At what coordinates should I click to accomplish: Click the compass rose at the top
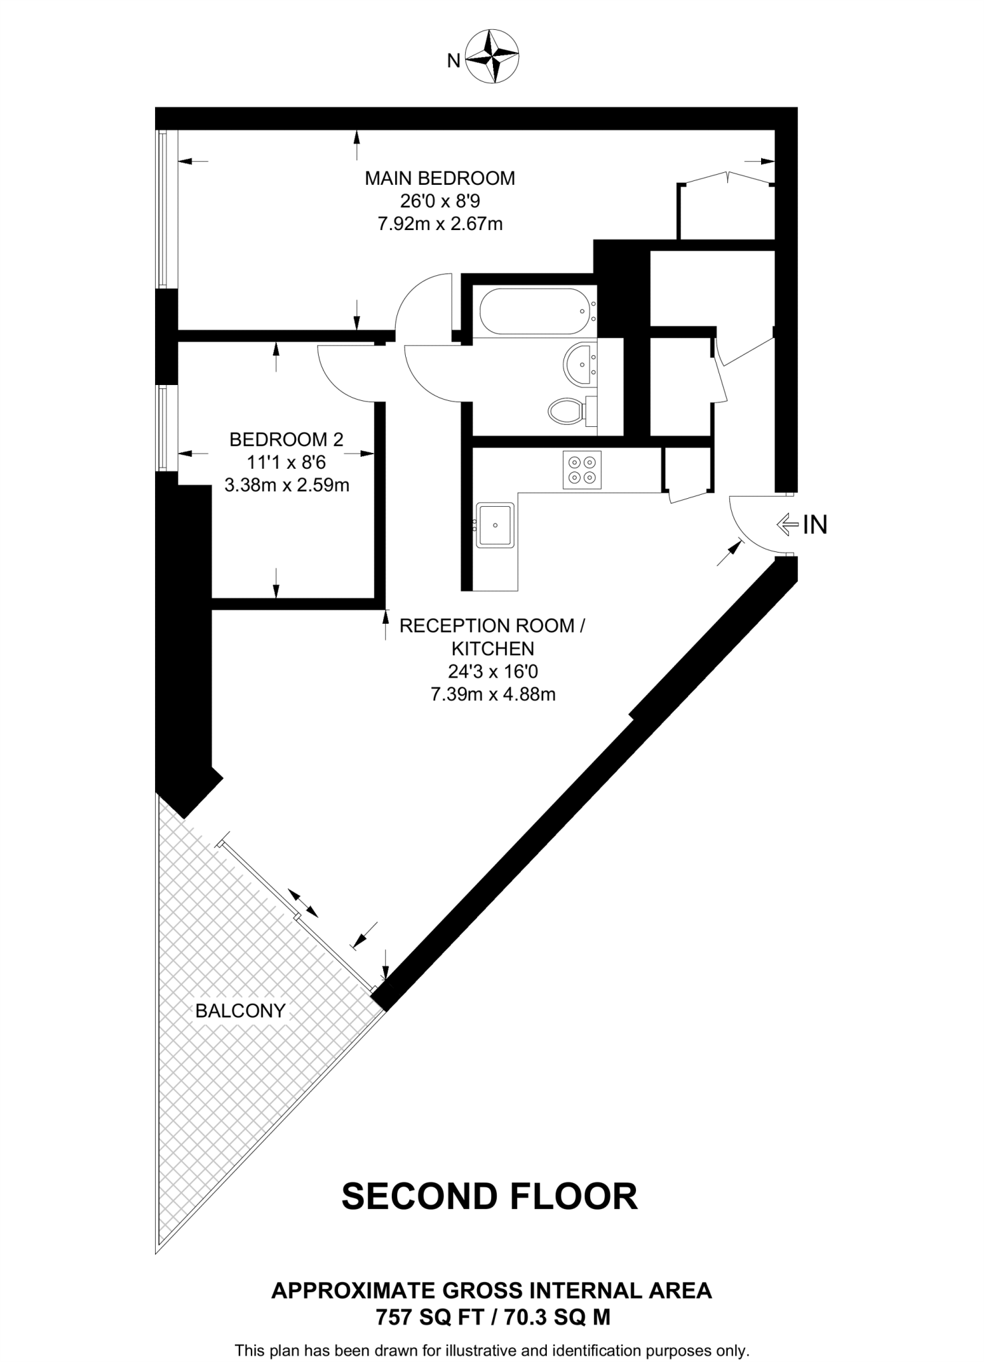pos(492,57)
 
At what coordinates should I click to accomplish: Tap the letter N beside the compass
pos(454,61)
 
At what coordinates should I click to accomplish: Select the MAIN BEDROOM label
pos(440,178)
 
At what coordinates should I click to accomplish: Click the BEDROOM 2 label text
pos(286,440)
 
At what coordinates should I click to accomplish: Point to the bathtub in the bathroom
pos(535,311)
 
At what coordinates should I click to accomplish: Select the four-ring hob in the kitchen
pos(582,470)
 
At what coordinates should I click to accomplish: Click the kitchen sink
pos(495,525)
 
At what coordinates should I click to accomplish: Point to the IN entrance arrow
pos(788,525)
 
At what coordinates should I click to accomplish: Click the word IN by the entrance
pos(815,525)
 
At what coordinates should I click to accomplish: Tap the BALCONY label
pos(240,1012)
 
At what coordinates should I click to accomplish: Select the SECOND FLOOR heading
pos(490,1196)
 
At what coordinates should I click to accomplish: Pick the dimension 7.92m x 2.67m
pos(440,224)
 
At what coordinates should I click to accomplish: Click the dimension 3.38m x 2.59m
pos(287,485)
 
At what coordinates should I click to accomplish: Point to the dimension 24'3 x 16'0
pos(492,672)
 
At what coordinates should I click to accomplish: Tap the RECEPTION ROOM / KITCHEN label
pos(492,636)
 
